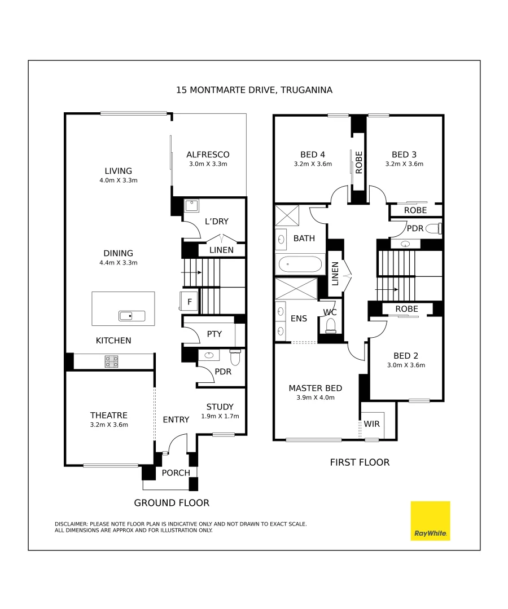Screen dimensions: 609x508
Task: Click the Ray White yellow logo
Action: click(430, 520)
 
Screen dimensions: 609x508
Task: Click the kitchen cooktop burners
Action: click(112, 361)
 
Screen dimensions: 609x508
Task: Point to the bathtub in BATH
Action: click(299, 264)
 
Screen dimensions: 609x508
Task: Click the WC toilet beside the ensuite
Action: click(331, 325)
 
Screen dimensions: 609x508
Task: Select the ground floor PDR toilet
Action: click(235, 357)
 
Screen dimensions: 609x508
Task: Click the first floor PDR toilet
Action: click(433, 228)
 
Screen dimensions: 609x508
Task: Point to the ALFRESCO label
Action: click(208, 155)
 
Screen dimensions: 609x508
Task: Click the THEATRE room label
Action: click(109, 416)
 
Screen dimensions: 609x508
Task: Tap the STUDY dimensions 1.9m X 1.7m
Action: click(220, 417)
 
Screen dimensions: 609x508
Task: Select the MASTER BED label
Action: click(315, 388)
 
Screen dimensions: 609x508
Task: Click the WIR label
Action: click(371, 423)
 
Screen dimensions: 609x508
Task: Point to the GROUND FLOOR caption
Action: click(172, 502)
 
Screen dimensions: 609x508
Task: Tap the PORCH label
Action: click(176, 473)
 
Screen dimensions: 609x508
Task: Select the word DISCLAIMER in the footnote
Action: click(72, 524)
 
